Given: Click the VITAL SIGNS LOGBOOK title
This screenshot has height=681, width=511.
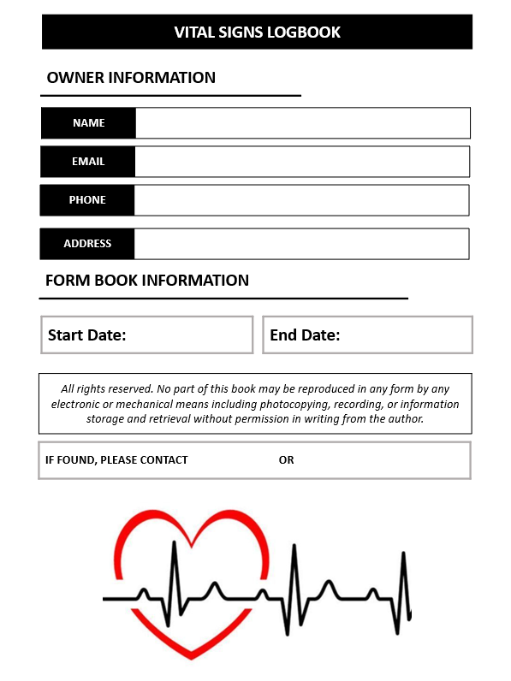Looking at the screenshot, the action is click(257, 33).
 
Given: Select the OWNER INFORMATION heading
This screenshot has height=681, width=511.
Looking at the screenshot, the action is click(131, 78).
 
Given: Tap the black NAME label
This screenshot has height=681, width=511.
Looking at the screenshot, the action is click(88, 123).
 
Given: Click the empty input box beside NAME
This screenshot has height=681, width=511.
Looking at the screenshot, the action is click(302, 123).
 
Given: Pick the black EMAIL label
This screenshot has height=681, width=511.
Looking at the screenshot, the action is click(88, 162).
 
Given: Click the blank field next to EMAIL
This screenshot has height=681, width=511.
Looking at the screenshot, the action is click(301, 162).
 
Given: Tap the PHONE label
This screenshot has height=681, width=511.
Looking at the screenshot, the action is click(87, 200).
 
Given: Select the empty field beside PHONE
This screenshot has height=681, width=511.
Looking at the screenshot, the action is click(301, 200).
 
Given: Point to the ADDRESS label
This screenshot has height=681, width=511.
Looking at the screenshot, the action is click(87, 244).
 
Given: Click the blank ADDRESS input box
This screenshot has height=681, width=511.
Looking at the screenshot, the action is click(301, 244).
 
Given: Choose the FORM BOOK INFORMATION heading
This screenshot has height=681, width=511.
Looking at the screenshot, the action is click(146, 281).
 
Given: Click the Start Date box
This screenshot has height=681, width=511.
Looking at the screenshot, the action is click(146, 335).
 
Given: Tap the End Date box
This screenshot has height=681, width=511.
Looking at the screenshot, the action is click(367, 335).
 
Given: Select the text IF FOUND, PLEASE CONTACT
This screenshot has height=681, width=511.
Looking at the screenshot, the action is click(116, 460).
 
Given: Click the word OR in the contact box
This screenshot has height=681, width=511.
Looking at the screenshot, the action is click(286, 460).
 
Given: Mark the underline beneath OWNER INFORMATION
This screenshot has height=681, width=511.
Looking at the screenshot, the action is click(171, 96).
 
